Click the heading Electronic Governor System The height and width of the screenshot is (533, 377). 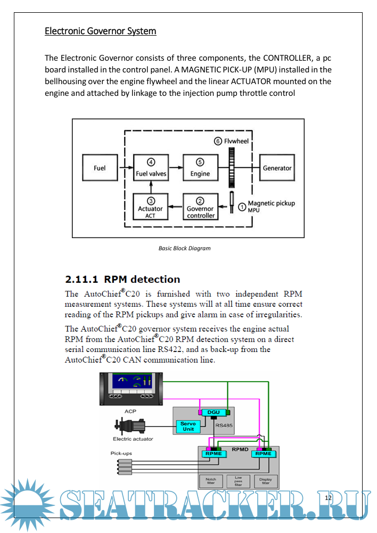100,31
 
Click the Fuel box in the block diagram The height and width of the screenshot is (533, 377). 100,168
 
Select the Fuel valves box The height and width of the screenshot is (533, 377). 151,168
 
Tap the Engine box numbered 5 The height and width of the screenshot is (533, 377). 200,168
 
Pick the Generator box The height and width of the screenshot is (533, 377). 277,168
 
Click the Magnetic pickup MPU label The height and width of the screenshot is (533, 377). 271,206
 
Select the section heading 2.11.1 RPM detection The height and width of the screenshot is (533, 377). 122,279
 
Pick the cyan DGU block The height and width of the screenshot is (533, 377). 213,412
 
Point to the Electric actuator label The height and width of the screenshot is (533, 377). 133,439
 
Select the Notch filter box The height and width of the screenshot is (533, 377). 210,481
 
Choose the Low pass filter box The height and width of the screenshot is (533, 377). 238,481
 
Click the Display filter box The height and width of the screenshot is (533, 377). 265,481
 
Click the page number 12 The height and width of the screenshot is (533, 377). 328,497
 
